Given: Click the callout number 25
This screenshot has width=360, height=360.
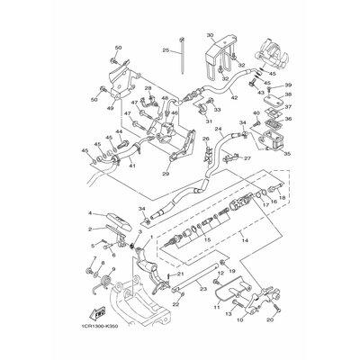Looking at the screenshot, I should pos(165,51).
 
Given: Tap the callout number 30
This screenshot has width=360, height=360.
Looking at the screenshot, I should pos(210,37).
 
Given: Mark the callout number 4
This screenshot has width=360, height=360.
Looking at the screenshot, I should pos(91,213).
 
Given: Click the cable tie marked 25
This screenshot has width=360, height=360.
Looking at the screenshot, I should pos(184,67).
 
